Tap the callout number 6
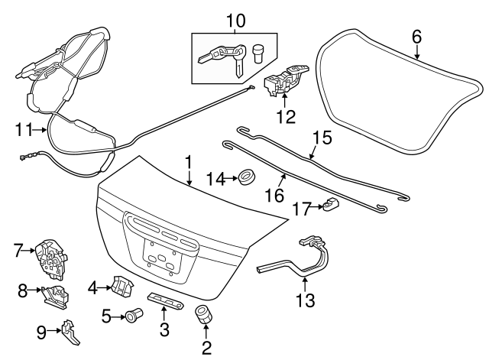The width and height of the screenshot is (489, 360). click(416, 36)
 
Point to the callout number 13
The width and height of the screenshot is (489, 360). click(305, 300)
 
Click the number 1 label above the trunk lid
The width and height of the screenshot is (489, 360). click(188, 162)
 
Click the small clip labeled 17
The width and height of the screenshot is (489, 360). click(330, 206)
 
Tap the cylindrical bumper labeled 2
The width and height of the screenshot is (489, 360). click(204, 314)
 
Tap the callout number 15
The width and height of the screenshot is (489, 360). click(323, 138)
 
